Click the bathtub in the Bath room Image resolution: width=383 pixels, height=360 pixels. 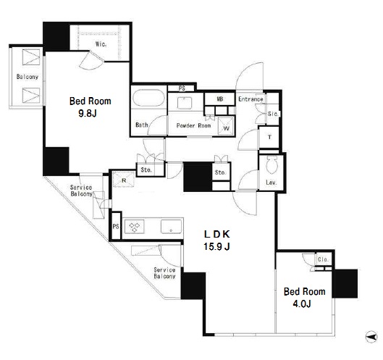coord(148,99)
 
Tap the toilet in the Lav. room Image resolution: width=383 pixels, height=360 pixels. coord(272,164)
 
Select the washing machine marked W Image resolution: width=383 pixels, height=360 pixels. coord(226,125)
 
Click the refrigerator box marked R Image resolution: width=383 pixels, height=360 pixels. coord(124,180)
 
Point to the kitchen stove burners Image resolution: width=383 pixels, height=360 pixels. coord(135,226)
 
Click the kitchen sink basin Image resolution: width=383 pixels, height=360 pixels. coord(171,226)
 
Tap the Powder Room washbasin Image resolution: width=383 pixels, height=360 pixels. coord(185,103)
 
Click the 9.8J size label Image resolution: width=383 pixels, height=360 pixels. coord(88,113)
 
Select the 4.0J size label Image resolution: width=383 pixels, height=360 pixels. coord(302,304)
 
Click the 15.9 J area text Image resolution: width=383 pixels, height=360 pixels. coord(216,246)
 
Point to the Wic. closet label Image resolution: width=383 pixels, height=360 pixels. coord(101,44)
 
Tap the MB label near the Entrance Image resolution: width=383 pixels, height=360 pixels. coord(220,99)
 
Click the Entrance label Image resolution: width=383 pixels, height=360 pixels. coord(251,99)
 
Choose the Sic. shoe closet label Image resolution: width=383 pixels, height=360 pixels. coord(273,114)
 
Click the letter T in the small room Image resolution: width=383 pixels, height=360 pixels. coord(269,137)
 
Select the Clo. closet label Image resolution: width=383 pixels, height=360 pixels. coord(323,259)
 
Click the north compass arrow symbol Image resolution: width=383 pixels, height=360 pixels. coord(371,338)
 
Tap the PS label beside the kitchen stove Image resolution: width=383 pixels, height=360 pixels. coord(116,226)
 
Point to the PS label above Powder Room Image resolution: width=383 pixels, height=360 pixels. coord(182,88)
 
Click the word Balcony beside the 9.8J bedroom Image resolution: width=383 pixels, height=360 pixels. coord(28,77)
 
